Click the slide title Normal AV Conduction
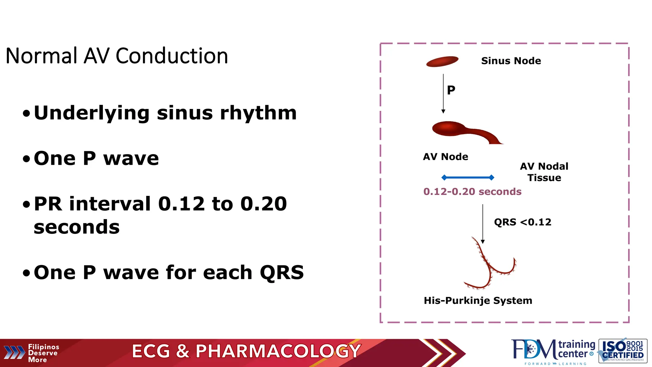(117, 56)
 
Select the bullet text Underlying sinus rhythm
(165, 113)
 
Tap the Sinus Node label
(511, 61)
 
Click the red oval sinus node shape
(442, 61)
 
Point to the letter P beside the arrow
(451, 90)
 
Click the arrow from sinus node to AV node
(443, 94)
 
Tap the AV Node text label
(445, 157)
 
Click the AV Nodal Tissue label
(544, 172)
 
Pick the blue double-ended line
(468, 177)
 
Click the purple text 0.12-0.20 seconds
(472, 191)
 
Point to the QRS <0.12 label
(522, 222)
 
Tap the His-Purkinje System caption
(478, 300)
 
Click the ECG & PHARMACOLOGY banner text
(246, 351)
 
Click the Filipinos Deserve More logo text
(43, 353)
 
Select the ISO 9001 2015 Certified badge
(623, 351)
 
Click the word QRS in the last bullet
(282, 273)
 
